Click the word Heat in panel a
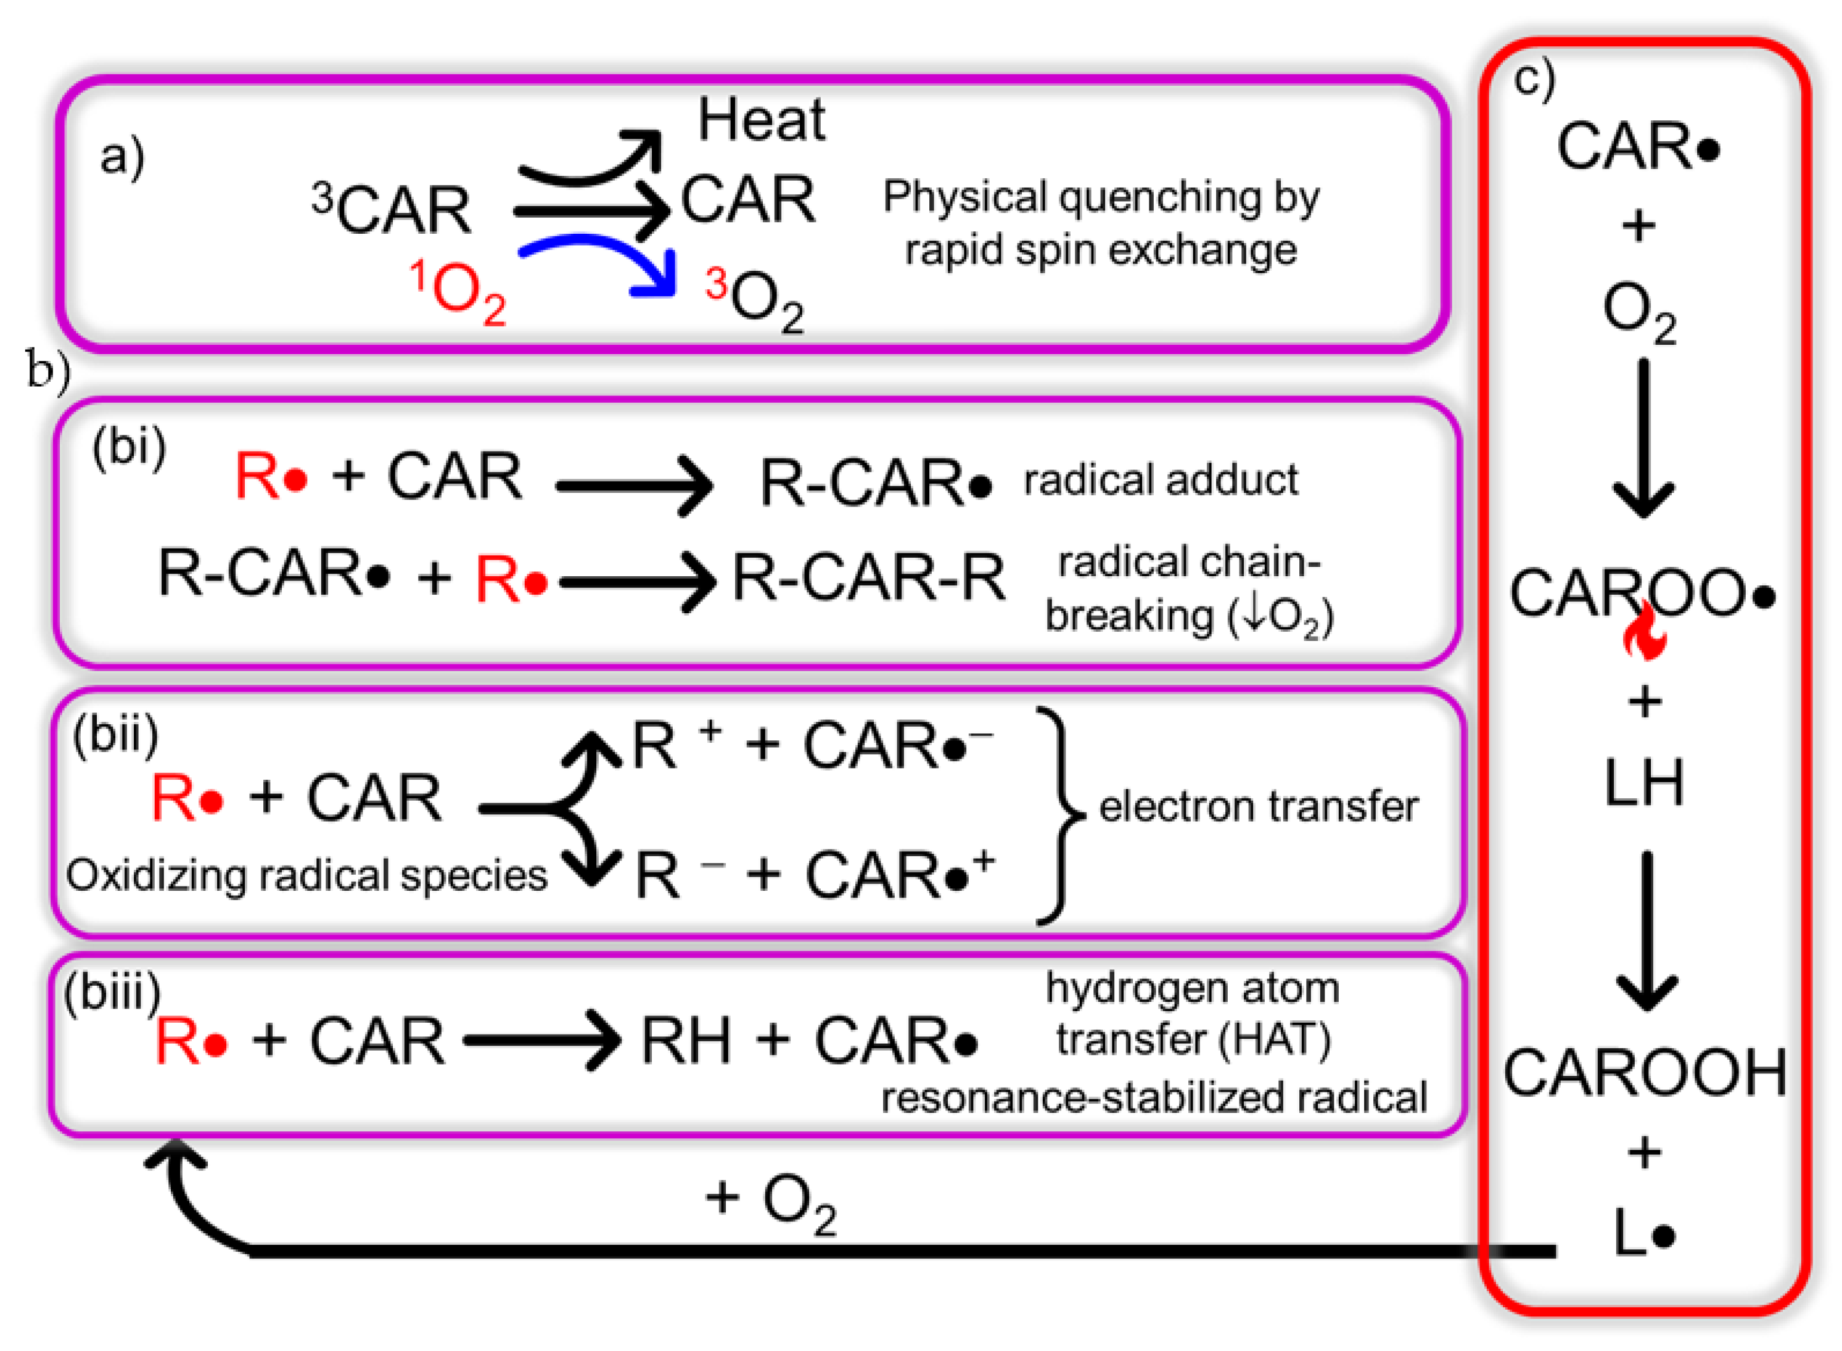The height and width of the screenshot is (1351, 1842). pos(760,120)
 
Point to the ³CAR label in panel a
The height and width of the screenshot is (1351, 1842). pos(391,209)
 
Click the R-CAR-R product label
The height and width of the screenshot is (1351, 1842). pos(868,577)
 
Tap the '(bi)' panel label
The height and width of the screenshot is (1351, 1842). pos(128,447)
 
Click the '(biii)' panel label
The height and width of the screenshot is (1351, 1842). pos(112,993)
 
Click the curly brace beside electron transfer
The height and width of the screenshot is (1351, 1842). pos(1061,816)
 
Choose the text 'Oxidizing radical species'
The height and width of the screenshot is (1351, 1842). pos(306,875)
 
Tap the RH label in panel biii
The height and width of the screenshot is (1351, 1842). pos(685,1041)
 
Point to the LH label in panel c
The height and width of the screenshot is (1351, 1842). pos(1644,783)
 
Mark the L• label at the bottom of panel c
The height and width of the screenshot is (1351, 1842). pos(1644,1233)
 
